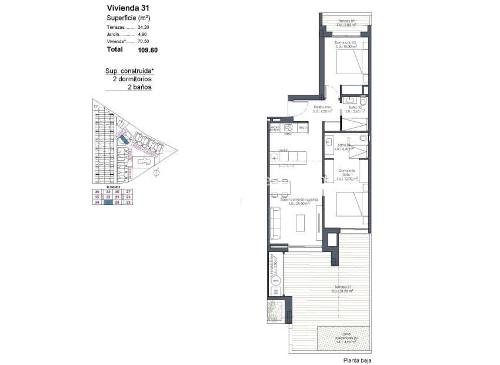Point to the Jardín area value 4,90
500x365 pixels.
pos(142,35)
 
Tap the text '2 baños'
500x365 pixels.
pos(139,87)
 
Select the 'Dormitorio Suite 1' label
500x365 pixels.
pos(349,174)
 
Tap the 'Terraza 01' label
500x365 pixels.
pos(341,288)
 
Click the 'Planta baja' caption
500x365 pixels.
pos(358,360)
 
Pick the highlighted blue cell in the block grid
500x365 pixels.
pos(108,202)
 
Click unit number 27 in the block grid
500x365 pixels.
pos(128,192)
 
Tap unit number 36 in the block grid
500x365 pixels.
pos(97,192)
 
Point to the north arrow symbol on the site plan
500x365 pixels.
pos(156,173)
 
